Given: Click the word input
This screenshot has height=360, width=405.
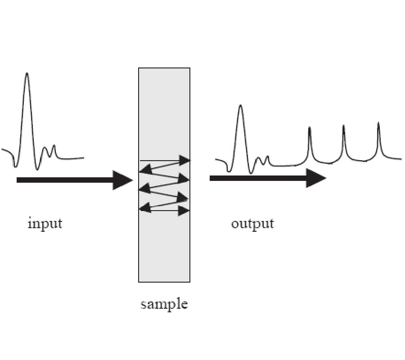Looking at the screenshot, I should tap(45, 223).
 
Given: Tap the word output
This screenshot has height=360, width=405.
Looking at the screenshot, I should tap(252, 224).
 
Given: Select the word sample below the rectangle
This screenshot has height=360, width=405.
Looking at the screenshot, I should tap(164, 304).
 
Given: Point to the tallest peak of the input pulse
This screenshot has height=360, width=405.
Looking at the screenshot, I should tap(27, 74).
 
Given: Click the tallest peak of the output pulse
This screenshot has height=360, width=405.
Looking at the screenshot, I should tap(240, 107).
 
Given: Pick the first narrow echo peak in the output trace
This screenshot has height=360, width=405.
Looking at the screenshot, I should tap(310, 129).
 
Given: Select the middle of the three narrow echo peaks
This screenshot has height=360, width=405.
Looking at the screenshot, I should tap(344, 126).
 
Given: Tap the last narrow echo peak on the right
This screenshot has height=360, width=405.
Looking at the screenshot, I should tap(378, 124).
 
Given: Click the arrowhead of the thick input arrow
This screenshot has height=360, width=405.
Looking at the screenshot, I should tap(122, 180).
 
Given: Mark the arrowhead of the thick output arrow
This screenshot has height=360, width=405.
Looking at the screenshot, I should tap(316, 178).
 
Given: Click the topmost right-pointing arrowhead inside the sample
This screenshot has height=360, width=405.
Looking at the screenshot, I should tap(184, 160).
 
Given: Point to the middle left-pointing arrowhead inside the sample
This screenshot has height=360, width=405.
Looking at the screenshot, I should tap(144, 189).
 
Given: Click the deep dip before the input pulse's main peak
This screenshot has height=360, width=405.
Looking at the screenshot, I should tap(15, 166).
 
